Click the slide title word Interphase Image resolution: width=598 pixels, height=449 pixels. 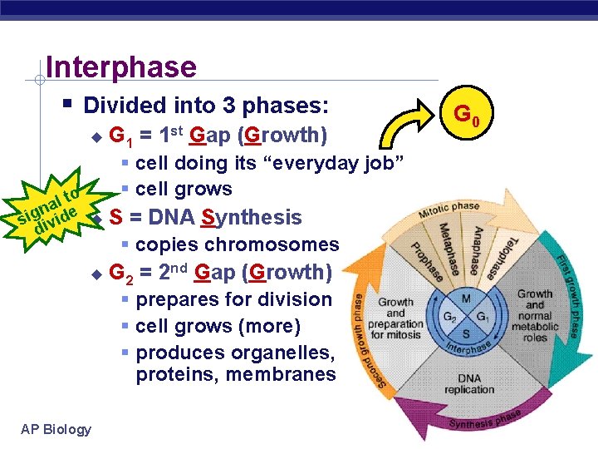tap(121, 67)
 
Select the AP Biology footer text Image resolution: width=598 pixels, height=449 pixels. tap(56, 429)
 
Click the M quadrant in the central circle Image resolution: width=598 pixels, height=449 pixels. tap(467, 298)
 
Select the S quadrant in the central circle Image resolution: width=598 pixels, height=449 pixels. tap(467, 333)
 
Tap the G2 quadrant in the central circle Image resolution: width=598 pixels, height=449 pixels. tap(449, 316)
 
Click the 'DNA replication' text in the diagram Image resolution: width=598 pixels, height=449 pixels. tap(468, 383)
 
